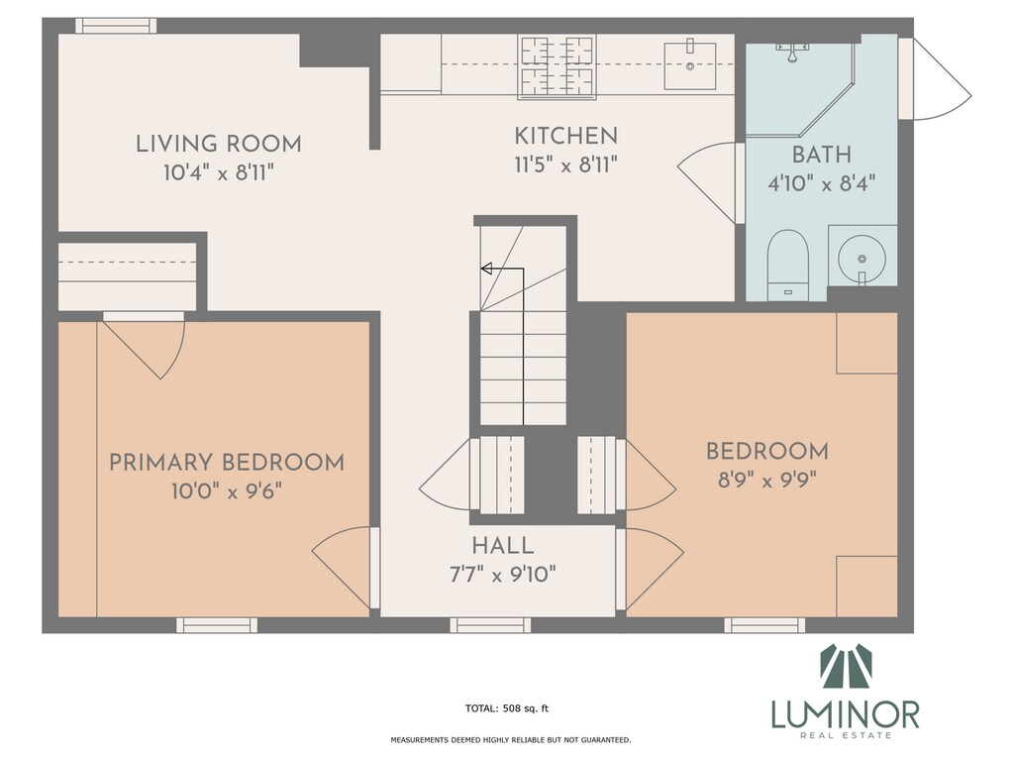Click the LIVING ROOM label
pyautogui.click(x=219, y=144)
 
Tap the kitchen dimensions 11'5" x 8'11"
pyautogui.click(x=565, y=165)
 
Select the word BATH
pyautogui.click(x=821, y=155)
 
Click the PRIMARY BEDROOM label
pyautogui.click(x=227, y=463)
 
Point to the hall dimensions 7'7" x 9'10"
pyautogui.click(x=502, y=574)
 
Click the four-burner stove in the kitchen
pyautogui.click(x=557, y=66)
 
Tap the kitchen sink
pyautogui.click(x=690, y=65)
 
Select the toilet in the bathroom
pyautogui.click(x=787, y=264)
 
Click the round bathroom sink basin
pyautogui.click(x=862, y=259)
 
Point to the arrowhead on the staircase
pyautogui.click(x=486, y=269)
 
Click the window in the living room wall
pyautogui.click(x=117, y=26)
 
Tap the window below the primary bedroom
pyautogui.click(x=217, y=625)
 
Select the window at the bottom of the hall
pyautogui.click(x=490, y=625)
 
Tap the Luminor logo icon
pyautogui.click(x=846, y=667)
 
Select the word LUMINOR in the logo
pyautogui.click(x=846, y=714)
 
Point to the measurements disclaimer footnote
pyautogui.click(x=511, y=739)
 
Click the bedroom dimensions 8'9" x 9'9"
pyautogui.click(x=767, y=481)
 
